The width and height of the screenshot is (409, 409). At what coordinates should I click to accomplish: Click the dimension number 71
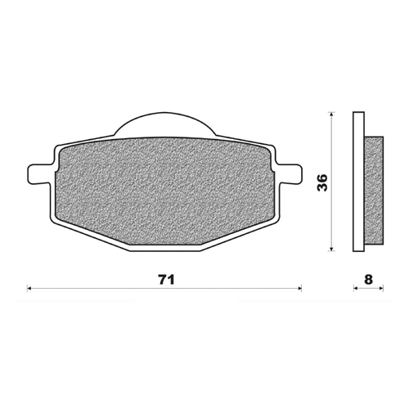point(166,279)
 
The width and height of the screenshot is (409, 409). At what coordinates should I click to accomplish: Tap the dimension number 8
point(368,279)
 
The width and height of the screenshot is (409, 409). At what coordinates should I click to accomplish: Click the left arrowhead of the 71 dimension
point(30,288)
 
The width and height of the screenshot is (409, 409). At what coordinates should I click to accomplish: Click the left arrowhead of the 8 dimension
point(353,288)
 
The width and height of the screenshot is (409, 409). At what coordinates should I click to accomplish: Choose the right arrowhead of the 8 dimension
point(382,288)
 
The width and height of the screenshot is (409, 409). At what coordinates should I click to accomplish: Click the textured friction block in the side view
point(373,188)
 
